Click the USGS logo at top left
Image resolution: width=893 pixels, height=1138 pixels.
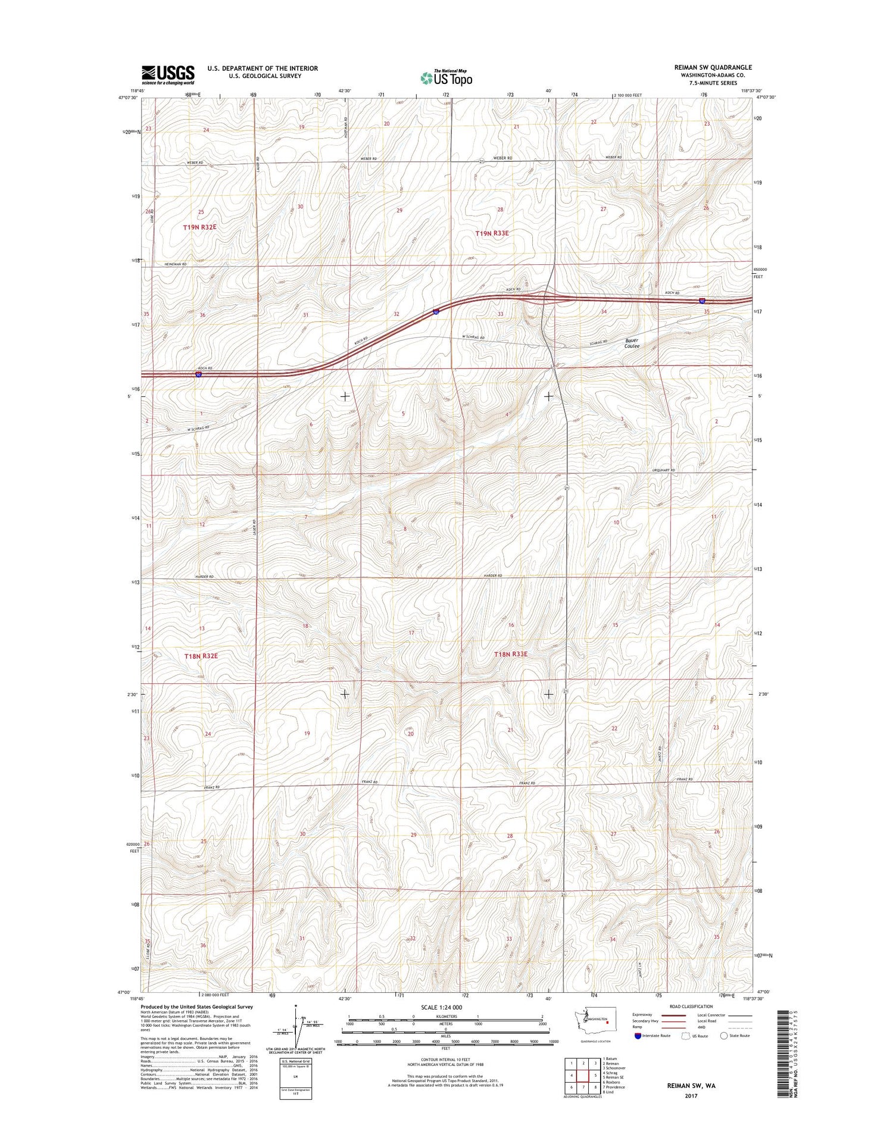pos(168,74)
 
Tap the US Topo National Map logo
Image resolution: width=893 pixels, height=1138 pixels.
pos(447,77)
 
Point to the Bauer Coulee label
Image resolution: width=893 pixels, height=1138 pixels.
pos(632,343)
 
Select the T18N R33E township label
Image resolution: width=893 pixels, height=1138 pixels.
pos(511,654)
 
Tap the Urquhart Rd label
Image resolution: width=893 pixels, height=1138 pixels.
pos(664,470)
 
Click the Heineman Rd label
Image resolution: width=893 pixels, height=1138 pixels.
pos(176,264)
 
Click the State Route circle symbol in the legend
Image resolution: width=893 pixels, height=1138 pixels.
pos(724,1036)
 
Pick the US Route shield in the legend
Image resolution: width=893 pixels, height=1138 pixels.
pos(686,1036)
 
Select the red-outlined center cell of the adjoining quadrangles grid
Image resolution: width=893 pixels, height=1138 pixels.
pos(583,1076)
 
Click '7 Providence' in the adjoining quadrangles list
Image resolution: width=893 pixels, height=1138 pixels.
pos(614,1087)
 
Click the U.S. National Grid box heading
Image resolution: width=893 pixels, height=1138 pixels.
pos(296,1061)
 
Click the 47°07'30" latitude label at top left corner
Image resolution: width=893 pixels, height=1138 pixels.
pos(128,98)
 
